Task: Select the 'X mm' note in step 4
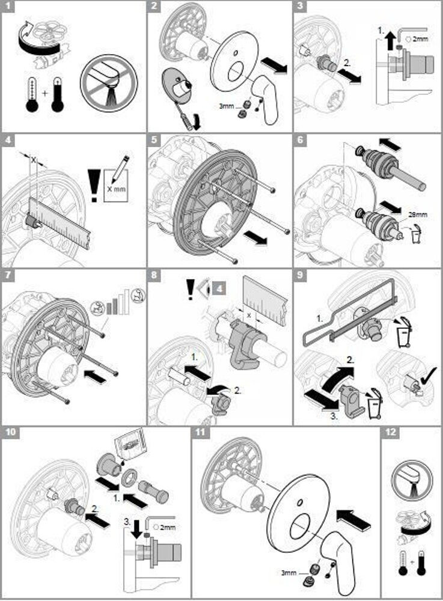[x=117, y=188]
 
